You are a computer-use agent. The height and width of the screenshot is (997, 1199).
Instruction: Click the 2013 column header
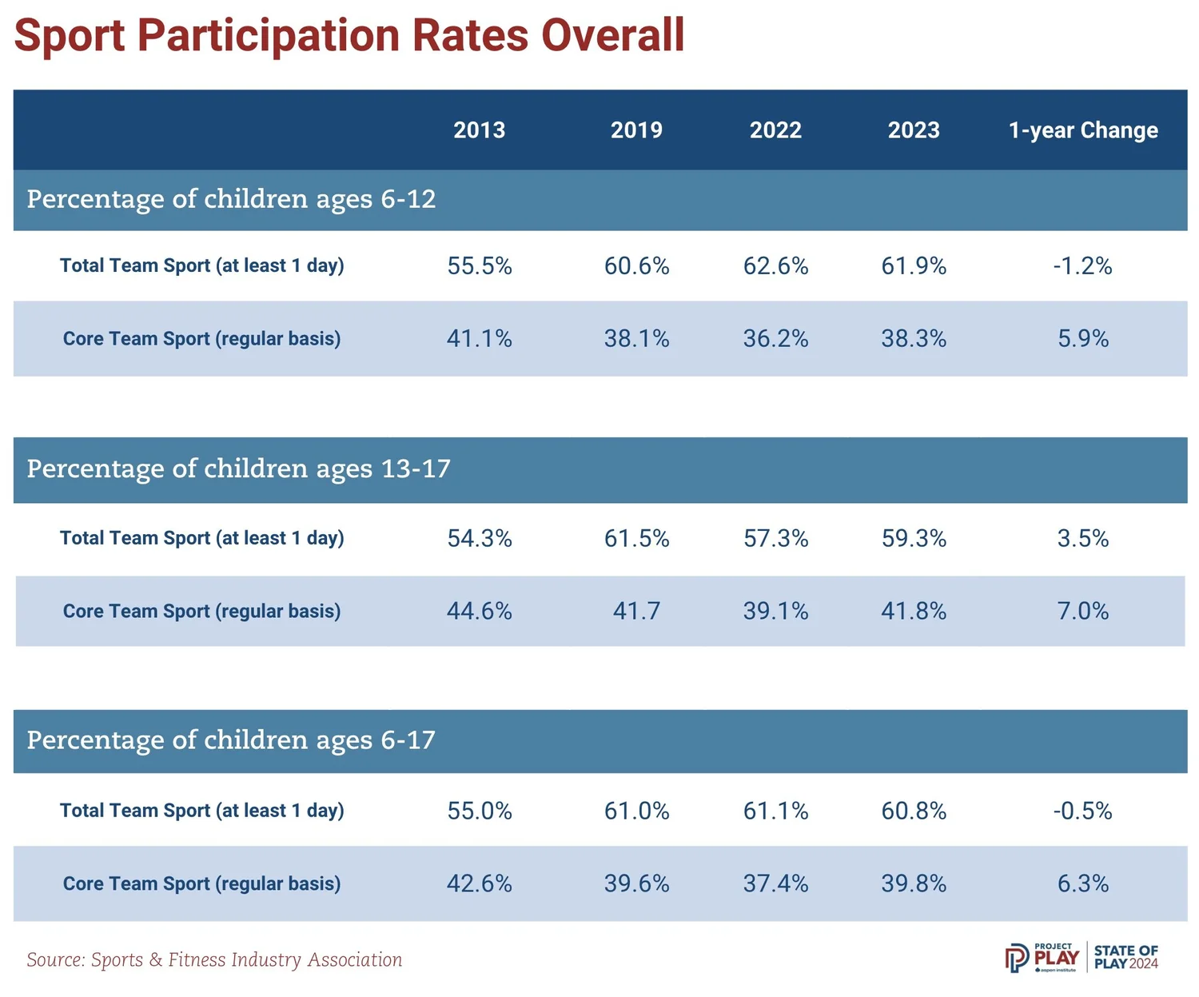(479, 130)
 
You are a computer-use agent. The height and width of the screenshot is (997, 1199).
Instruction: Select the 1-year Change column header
(1082, 130)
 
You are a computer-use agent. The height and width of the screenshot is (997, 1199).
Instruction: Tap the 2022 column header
(775, 130)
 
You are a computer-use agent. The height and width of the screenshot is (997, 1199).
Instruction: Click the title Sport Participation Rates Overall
(349, 35)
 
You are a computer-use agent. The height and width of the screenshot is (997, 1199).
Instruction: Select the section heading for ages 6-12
(231, 199)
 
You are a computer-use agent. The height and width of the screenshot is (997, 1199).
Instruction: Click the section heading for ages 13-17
(238, 469)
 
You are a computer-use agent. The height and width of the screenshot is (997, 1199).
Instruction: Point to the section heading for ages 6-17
(231, 740)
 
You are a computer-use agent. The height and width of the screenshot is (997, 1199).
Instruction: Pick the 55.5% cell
(479, 266)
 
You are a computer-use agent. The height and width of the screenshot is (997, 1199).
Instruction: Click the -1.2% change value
(1082, 266)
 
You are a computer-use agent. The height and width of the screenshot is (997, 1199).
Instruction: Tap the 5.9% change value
(1082, 339)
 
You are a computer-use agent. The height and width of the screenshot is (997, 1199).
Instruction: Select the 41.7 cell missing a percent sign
(636, 612)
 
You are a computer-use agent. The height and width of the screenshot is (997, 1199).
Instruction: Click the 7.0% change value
(1082, 612)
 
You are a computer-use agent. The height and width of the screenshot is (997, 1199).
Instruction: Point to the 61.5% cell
(636, 539)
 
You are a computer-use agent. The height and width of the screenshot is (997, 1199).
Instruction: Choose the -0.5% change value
(1082, 812)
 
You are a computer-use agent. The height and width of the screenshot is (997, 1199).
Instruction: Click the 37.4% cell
(775, 884)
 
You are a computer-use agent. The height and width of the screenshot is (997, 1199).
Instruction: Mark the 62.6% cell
(775, 266)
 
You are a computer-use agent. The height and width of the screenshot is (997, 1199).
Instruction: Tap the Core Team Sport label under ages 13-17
(201, 612)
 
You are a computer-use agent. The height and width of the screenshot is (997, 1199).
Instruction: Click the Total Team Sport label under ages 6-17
(201, 811)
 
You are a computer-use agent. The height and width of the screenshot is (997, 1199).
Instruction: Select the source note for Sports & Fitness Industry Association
(214, 960)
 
